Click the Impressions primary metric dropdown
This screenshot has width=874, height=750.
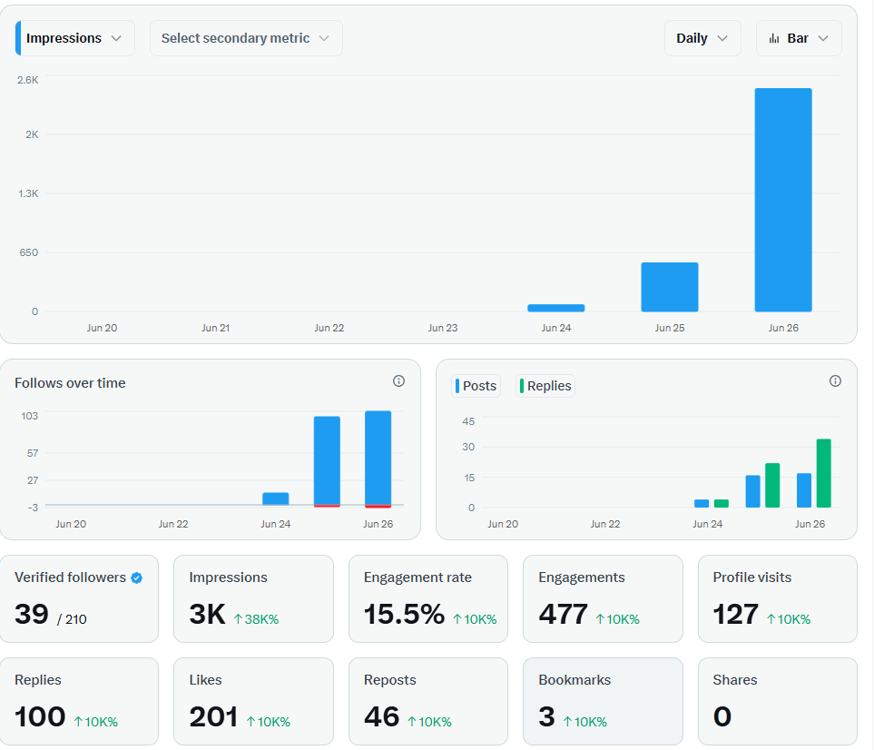coord(74,38)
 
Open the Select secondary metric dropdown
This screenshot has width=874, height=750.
coord(246,38)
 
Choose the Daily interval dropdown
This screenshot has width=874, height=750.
coord(702,38)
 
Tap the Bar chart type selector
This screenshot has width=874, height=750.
coord(799,38)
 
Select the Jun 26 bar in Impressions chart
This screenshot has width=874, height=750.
coord(783,200)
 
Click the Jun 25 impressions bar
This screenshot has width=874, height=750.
coord(670,287)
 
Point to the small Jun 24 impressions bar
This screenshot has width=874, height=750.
coord(556,308)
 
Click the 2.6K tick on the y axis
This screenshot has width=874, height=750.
coord(28,80)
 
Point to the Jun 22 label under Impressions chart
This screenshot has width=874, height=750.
coord(329,328)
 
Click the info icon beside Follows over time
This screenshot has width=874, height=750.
coord(398,380)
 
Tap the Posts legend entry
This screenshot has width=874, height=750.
coord(476,386)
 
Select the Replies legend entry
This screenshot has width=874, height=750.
coord(545,386)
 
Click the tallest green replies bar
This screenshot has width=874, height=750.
coord(824,473)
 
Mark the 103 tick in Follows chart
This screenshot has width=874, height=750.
coord(30,416)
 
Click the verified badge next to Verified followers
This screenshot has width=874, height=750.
coord(136,577)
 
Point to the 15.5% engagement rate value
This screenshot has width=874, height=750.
coord(404,614)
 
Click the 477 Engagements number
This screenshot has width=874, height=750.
coord(563,614)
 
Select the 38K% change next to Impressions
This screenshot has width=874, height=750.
coord(257,619)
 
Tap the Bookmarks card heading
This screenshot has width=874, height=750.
coord(574,680)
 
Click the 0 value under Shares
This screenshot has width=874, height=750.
coord(722,716)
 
